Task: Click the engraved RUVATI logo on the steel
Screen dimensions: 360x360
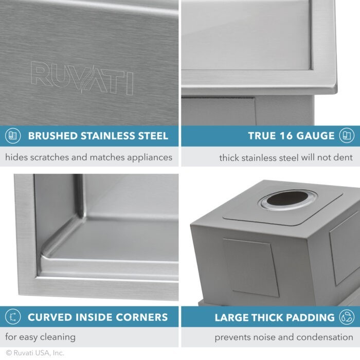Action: (82, 78)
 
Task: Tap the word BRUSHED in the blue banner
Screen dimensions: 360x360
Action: (51, 136)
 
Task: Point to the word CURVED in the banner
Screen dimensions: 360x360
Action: (49, 317)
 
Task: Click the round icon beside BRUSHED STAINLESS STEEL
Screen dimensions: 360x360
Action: (13, 136)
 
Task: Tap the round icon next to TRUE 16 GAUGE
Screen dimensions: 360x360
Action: (347, 136)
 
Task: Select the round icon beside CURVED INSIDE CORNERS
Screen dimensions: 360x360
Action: (13, 317)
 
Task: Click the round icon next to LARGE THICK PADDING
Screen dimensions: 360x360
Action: (347, 317)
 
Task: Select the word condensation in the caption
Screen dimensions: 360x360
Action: (319, 338)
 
